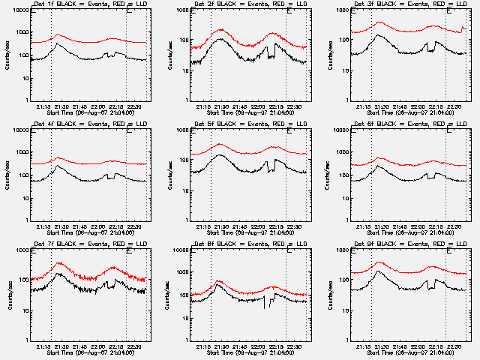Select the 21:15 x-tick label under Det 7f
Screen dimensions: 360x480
tap(43, 346)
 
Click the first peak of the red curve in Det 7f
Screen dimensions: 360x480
tap(60, 263)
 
